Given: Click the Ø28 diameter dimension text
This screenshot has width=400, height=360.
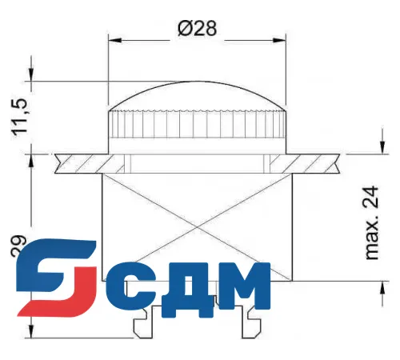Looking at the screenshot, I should tap(198, 29).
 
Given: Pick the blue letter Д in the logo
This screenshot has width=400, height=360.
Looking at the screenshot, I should tap(182, 288).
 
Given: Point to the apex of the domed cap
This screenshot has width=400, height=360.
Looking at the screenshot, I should tap(198, 82).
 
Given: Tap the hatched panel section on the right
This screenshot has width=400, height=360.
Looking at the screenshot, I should tap(316, 163).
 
